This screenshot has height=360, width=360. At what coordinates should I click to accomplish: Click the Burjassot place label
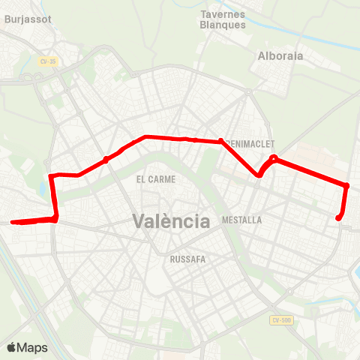coord(27,19)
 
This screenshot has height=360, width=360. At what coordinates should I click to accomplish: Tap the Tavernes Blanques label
coord(223,19)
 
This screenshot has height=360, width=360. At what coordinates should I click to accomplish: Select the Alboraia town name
coord(278,55)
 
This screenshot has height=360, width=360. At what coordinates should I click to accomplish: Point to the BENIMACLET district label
coord(249,143)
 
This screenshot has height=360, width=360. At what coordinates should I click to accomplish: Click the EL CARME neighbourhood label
coord(156,179)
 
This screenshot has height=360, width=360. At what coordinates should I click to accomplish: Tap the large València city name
coord(171,221)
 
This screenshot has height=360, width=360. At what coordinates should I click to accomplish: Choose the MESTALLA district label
coord(242,220)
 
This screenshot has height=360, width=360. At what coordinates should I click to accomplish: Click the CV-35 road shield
coord(48,61)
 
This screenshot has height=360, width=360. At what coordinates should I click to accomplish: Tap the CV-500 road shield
coord(280,320)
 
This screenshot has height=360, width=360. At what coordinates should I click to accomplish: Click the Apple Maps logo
coord(27,347)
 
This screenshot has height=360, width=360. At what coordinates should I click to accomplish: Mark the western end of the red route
coord(13,221)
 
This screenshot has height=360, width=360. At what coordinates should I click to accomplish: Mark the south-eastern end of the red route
coord(339,218)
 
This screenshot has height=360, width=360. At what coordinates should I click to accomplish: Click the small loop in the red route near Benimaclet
coord(274,158)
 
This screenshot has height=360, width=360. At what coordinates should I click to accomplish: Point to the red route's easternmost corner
coord(346,185)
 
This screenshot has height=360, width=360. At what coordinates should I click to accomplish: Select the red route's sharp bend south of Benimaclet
coord(259,175)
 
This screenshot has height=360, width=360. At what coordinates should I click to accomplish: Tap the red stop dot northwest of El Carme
coord(106,159)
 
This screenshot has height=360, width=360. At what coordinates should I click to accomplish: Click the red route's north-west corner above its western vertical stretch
coord(51,176)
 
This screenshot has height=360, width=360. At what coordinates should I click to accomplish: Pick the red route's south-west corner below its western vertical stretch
coord(55,218)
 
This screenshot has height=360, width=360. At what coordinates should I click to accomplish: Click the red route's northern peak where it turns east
coord(144,137)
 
